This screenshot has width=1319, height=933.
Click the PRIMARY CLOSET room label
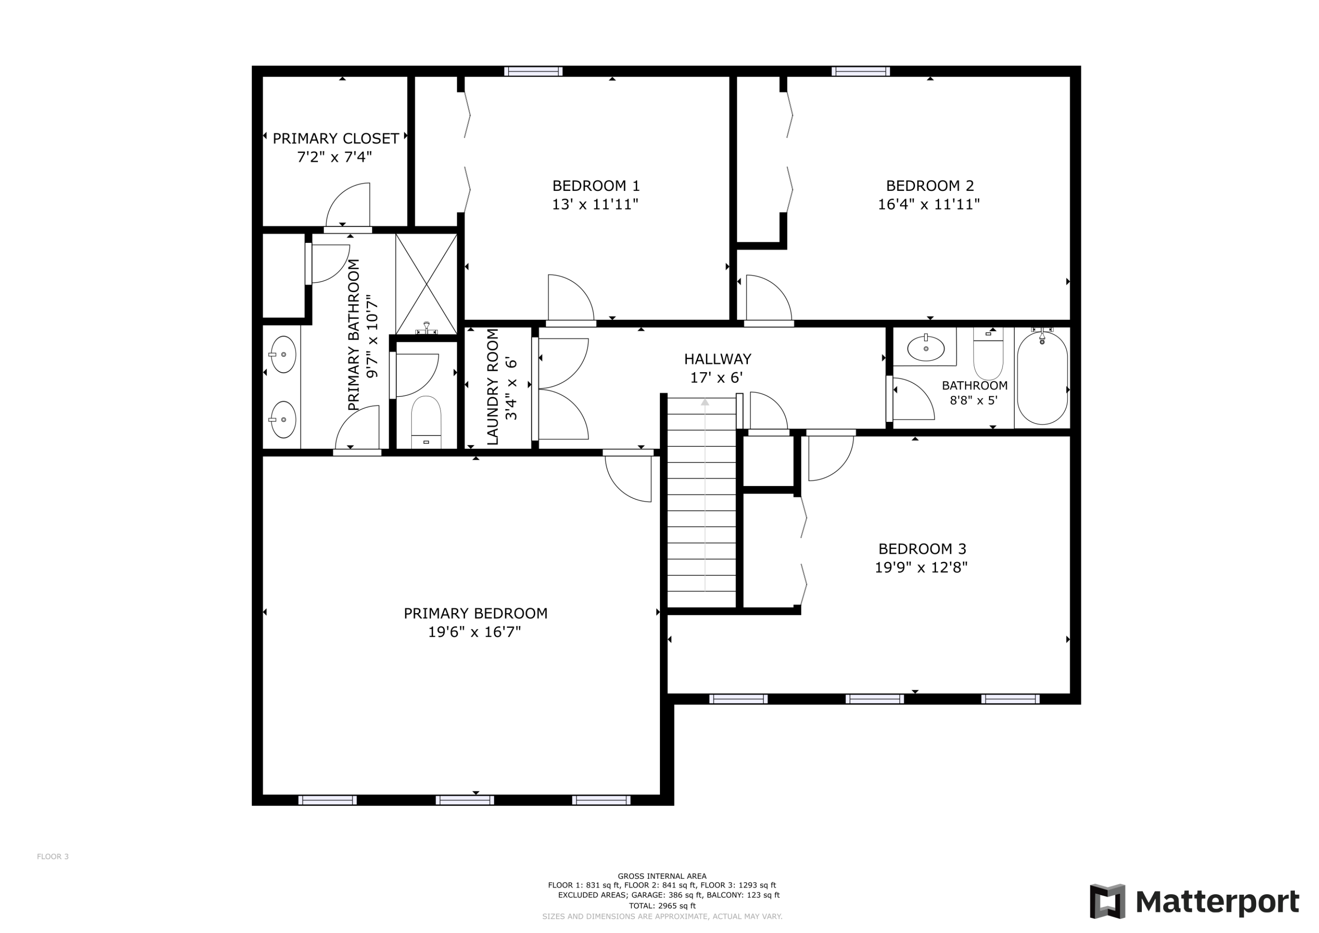335,139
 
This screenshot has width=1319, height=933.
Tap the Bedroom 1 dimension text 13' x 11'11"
595,205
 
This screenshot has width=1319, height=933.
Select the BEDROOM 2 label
929,186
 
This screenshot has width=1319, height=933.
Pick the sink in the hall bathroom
925,348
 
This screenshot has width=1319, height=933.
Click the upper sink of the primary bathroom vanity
283,355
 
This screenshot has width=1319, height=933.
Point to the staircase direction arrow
705,402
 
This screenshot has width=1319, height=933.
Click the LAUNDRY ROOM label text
492,387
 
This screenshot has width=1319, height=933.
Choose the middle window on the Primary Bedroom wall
464,800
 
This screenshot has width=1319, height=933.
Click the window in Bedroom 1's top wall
533,71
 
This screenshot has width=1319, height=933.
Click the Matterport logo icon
1107,901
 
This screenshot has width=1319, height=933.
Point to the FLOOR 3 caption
53,856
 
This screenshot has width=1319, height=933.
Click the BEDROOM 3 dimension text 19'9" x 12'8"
921,568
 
